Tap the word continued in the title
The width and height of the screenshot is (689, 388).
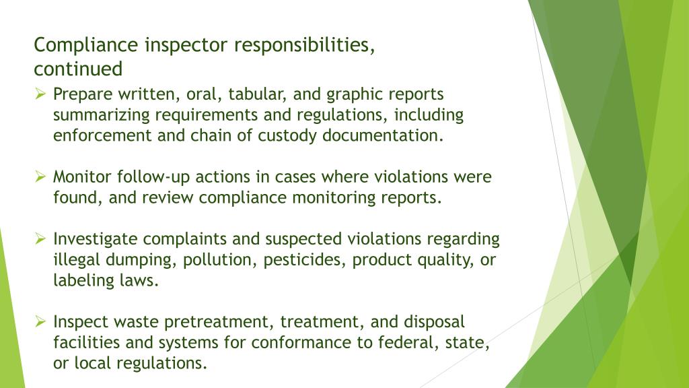pyautogui.click(x=78, y=69)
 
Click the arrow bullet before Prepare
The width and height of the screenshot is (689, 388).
pyautogui.click(x=40, y=94)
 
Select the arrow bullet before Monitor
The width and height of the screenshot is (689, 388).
pyautogui.click(x=40, y=176)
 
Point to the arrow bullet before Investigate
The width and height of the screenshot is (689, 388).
pyautogui.click(x=40, y=238)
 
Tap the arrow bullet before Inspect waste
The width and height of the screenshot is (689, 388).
pyautogui.click(x=40, y=321)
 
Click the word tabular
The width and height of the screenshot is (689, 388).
pyautogui.click(x=252, y=94)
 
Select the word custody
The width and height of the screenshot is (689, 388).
pyautogui.click(x=287, y=135)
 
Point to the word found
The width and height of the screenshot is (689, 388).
pyautogui.click(x=75, y=198)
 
